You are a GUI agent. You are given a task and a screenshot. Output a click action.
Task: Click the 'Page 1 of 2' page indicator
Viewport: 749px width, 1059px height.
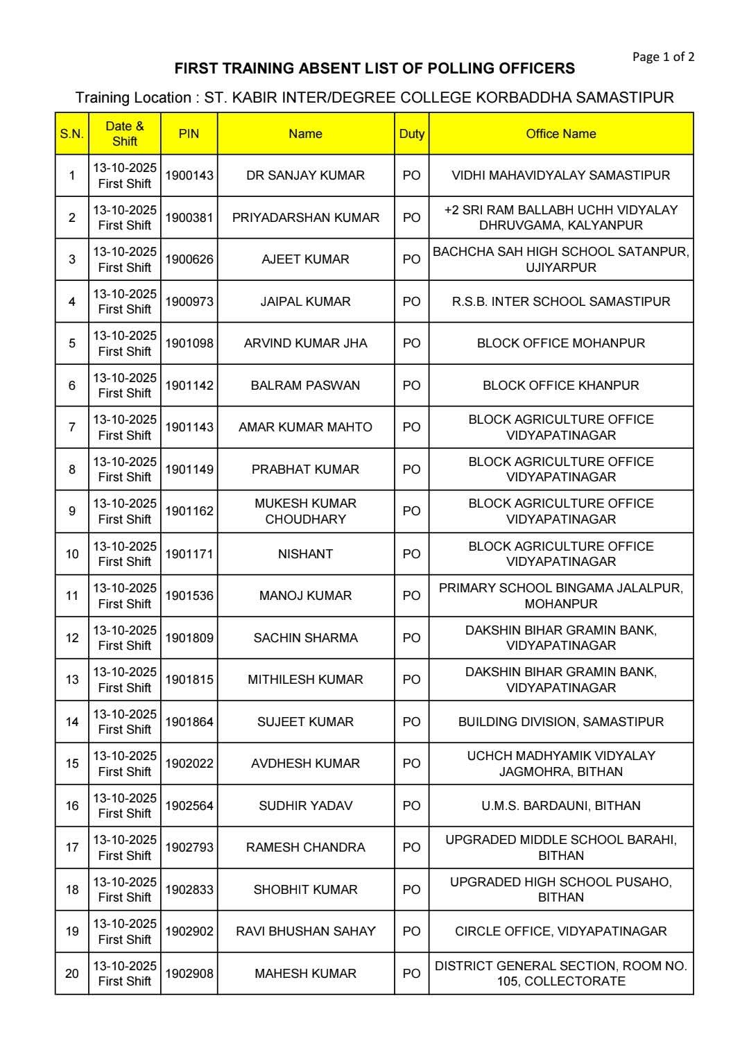tap(662, 57)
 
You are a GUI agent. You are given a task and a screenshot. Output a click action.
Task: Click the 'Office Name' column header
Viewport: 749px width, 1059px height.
tap(560, 134)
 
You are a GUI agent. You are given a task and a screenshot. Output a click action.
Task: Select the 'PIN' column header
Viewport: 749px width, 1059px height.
tap(189, 134)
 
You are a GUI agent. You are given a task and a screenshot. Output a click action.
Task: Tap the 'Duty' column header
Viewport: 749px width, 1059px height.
tap(411, 134)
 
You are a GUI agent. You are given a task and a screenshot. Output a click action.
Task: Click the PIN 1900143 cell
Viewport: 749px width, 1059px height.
tap(189, 175)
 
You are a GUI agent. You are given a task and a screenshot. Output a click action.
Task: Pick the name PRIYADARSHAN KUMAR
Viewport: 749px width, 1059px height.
tap(305, 218)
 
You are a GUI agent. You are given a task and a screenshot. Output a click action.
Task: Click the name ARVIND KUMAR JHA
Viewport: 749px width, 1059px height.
tap(305, 343)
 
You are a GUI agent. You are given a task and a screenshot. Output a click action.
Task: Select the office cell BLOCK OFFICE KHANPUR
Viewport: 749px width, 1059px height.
tap(560, 386)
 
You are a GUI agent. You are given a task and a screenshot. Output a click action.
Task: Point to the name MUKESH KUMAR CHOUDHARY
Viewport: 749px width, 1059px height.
tap(305, 511)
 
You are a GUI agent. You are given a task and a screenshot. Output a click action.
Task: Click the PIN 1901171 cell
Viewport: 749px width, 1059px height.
tap(189, 553)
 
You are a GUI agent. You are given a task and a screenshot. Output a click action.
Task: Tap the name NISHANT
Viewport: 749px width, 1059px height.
tap(305, 553)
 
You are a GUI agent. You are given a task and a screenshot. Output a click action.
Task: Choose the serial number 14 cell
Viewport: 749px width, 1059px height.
tap(72, 722)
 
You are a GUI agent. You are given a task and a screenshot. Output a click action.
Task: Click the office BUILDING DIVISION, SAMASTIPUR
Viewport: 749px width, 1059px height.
tap(560, 722)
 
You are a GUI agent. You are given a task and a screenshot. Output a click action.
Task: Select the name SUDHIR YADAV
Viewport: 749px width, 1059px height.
tap(305, 806)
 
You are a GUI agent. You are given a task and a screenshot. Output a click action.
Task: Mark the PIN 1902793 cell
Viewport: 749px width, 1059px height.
tap(189, 847)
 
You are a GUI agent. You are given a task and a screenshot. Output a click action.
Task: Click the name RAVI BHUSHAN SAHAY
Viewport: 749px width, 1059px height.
tap(305, 931)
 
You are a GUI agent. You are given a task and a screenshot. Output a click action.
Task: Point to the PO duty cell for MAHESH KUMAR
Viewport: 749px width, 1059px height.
tap(411, 974)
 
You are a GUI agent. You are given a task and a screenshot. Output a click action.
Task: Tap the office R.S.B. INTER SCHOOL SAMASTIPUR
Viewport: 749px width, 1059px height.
tap(560, 302)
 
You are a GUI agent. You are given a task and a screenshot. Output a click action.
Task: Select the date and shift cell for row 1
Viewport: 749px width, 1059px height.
tap(125, 175)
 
